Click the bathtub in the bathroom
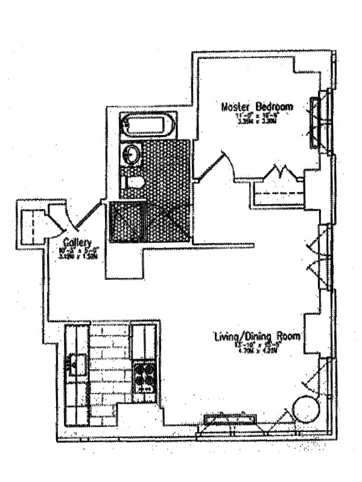click(x=148, y=126)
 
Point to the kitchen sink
click(x=77, y=364)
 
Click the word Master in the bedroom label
click(x=237, y=107)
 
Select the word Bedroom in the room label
click(x=273, y=107)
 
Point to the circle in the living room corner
click(x=306, y=410)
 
